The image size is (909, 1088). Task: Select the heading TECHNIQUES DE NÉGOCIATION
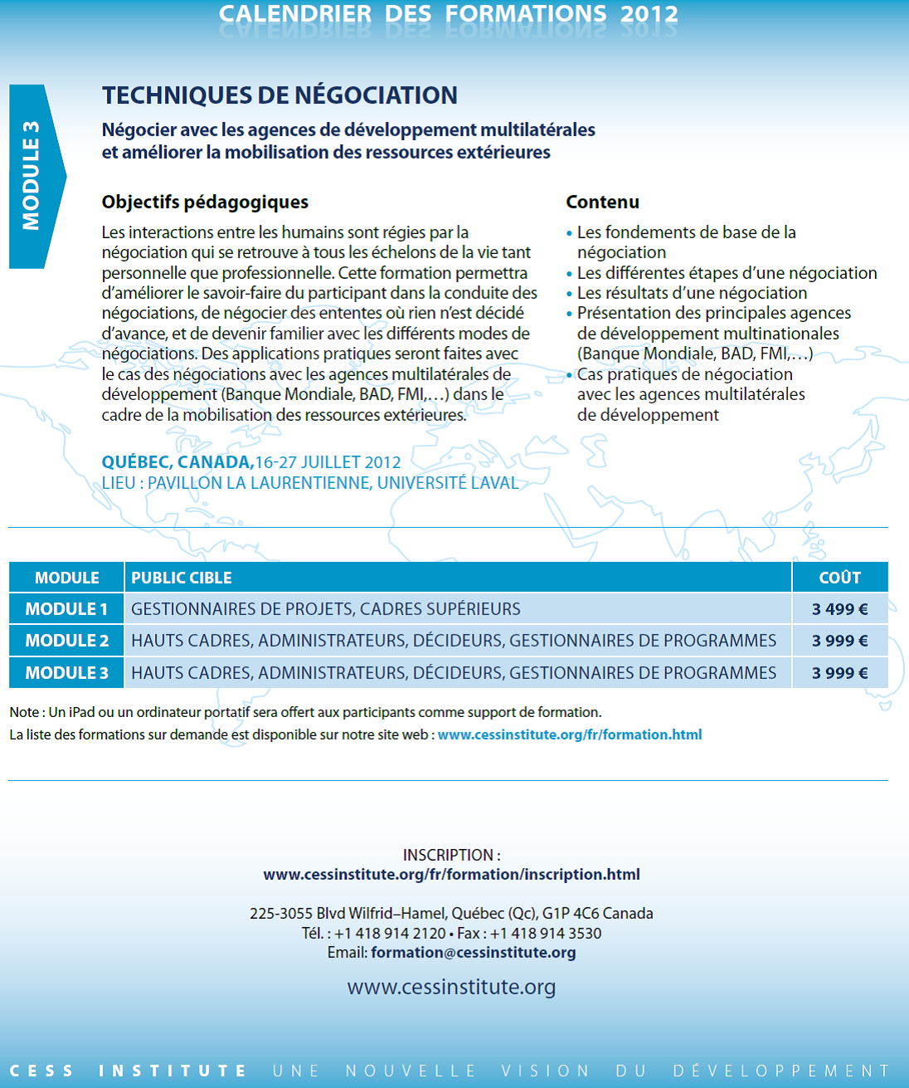[x=280, y=95]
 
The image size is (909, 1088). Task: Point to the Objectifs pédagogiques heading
[x=205, y=202]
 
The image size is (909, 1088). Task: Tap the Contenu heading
[x=602, y=202]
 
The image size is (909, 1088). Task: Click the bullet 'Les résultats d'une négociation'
[x=692, y=293]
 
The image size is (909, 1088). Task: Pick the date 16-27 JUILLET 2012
[x=328, y=462]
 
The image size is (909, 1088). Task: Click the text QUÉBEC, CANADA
[x=177, y=462]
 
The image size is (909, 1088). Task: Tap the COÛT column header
[x=839, y=578]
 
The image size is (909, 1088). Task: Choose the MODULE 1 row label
[x=66, y=609]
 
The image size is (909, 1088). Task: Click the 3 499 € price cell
[x=839, y=609]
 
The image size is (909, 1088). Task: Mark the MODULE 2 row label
[x=66, y=641]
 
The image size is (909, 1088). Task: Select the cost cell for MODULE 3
[x=839, y=673]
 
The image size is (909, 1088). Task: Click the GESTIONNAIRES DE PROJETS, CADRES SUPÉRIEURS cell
[x=326, y=609]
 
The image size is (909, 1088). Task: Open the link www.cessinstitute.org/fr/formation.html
[x=569, y=734]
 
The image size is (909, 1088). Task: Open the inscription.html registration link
[x=451, y=875]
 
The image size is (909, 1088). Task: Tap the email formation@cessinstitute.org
[x=473, y=953]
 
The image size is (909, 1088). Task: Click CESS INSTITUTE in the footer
[x=128, y=1071]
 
